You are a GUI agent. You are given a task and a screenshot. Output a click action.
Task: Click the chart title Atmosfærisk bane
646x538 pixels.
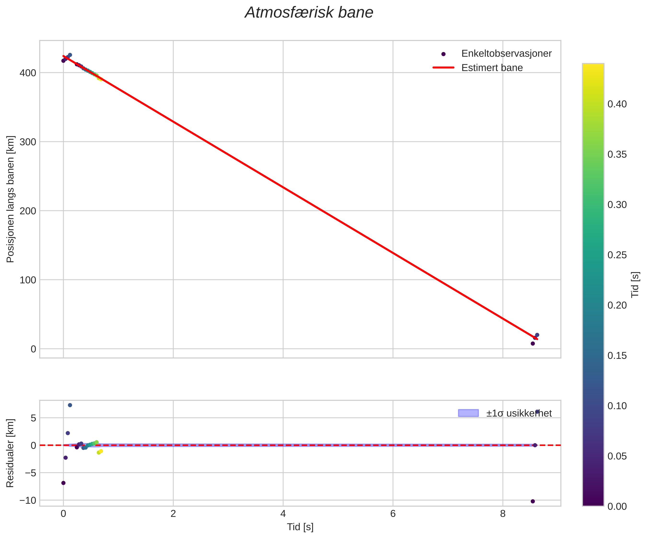pos(309,13)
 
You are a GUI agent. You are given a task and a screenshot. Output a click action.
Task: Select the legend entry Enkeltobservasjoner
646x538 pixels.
pos(506,53)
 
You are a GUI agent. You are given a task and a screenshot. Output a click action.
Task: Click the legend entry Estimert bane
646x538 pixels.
pos(492,68)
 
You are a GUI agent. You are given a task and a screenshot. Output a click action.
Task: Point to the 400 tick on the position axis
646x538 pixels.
pos(28,73)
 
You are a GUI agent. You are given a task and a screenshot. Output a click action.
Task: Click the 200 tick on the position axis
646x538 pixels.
pos(28,211)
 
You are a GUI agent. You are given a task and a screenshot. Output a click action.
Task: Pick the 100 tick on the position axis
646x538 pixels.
pos(28,280)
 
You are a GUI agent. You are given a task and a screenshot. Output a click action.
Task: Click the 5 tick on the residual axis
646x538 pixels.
pos(33,418)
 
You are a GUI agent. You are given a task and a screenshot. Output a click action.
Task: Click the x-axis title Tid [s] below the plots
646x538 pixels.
pos(300,527)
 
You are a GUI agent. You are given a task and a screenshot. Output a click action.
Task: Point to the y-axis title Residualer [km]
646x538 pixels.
pos(10,453)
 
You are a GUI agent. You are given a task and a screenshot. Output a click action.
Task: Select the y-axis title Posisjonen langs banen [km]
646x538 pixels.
pos(10,199)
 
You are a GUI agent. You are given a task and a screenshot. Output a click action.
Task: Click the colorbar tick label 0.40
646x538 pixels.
pos(617,104)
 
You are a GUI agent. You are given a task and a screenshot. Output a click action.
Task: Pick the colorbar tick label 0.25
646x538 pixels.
pos(617,255)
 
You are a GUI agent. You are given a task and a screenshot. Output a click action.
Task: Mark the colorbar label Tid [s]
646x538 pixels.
pos(635,285)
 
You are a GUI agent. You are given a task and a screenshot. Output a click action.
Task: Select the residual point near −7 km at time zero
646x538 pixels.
pos(63,483)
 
